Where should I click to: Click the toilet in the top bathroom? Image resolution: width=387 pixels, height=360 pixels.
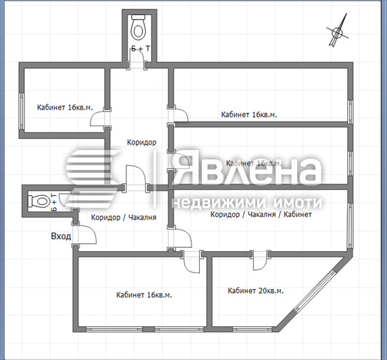click(139, 29)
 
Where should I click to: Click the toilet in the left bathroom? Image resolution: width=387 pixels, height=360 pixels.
click(40, 201)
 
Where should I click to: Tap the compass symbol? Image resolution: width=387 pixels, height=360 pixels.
click(337, 32)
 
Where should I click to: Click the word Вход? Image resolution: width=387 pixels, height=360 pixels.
click(61, 236)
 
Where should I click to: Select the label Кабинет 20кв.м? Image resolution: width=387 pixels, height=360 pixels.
click(255, 290)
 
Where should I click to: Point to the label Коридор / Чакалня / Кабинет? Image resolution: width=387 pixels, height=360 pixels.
click(261, 215)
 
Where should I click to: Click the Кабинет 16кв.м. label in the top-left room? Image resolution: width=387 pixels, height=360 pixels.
click(65, 107)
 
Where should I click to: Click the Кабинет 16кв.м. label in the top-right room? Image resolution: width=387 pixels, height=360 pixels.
click(249, 115)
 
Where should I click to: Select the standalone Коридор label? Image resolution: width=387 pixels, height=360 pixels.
click(142, 143)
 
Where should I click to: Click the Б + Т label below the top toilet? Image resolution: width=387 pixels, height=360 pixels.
click(140, 49)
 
